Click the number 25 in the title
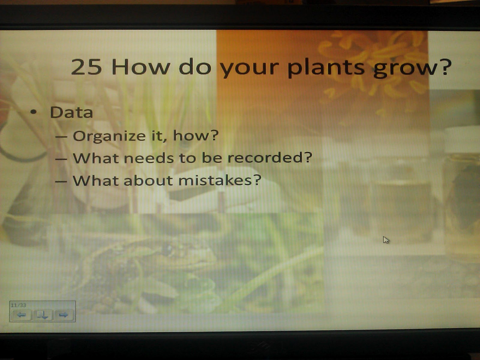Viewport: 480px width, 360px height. (x=86, y=67)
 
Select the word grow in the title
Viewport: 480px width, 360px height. (x=406, y=68)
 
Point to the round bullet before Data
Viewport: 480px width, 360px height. (x=33, y=112)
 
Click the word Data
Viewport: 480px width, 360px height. (x=71, y=112)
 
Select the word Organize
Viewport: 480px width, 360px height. (x=109, y=136)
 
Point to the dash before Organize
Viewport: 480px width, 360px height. (x=61, y=136)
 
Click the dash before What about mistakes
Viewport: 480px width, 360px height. (x=61, y=181)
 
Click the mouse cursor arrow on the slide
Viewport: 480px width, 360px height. (x=385, y=240)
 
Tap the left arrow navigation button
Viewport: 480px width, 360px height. (x=21, y=315)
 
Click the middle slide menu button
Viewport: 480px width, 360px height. (x=42, y=315)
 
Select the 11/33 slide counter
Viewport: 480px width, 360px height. (x=19, y=305)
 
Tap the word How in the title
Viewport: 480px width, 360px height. (x=140, y=67)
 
